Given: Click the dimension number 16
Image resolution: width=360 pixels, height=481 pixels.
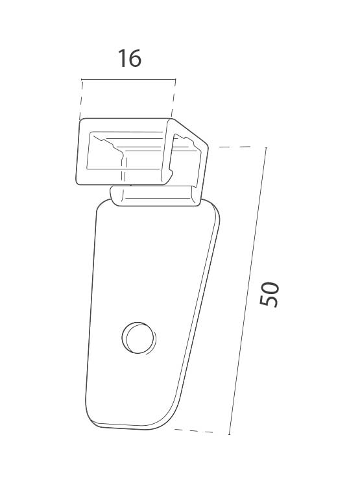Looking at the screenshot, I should (x=130, y=58).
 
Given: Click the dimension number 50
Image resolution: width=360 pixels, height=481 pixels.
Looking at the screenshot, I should (x=269, y=294).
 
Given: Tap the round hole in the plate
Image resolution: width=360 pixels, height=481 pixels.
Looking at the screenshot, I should (x=138, y=338).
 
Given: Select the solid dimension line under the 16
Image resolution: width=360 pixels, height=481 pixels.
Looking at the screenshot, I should (x=128, y=80).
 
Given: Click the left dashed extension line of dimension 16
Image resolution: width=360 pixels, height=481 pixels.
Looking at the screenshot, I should (x=80, y=99).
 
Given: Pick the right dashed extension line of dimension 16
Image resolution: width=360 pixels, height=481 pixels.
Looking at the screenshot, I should (x=173, y=99).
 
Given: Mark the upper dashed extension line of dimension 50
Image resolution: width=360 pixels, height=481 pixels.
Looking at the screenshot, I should (x=235, y=147).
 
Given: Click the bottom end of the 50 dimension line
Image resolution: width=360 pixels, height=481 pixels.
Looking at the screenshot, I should (x=229, y=434).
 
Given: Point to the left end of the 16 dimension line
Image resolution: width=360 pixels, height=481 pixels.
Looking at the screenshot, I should (x=82, y=80).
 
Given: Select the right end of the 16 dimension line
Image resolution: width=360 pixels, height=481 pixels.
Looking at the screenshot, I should (x=176, y=80).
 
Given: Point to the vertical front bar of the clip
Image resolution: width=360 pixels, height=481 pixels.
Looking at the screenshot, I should (x=167, y=153).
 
